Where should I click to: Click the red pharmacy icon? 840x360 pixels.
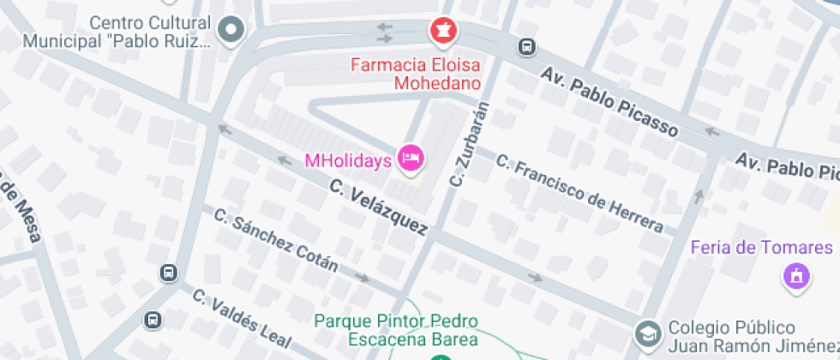coord(443,32)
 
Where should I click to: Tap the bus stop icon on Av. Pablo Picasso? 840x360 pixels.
coord(526,47)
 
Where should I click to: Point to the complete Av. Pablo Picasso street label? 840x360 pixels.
coord(609,99)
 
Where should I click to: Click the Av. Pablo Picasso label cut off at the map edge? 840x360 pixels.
coord(787,165)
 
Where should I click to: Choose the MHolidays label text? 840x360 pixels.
coord(349,159)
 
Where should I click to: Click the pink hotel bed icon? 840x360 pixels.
coord(411,158)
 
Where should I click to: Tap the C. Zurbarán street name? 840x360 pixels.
coord(470,144)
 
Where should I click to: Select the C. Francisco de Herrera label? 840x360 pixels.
coord(580,194)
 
